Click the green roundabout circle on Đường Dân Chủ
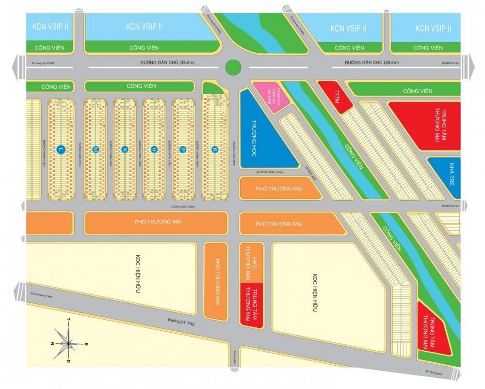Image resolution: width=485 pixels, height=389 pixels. [x=233, y=67]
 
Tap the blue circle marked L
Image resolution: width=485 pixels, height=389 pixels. [x=61, y=149]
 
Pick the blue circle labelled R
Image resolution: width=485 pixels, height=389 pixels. [x=214, y=149]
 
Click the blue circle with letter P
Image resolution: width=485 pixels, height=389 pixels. [x=184, y=149]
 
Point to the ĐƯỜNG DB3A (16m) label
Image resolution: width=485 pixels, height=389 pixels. [x=272, y=172]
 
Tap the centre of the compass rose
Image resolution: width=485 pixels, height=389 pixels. [x=68, y=343]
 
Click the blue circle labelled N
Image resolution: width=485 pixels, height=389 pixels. [x=125, y=149]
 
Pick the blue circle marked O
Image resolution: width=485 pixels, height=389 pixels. [x=154, y=149]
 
